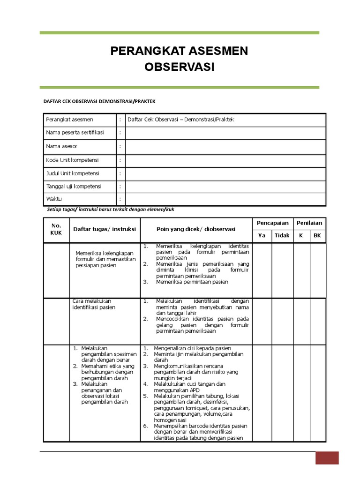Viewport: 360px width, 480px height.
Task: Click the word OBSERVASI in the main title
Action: pyautogui.click(x=180, y=67)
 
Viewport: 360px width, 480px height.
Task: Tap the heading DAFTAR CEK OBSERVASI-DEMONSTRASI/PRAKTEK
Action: pyautogui.click(x=99, y=101)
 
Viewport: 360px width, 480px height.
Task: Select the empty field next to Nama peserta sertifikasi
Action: pyautogui.click(x=225, y=133)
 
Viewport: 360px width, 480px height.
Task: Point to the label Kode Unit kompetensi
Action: pyautogui.click(x=72, y=160)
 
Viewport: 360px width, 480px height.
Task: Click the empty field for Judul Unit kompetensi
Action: pyautogui.click(x=225, y=173)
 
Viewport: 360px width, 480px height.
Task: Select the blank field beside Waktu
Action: pyautogui.click(x=225, y=199)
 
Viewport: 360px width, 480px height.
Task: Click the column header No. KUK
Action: pyautogui.click(x=56, y=229)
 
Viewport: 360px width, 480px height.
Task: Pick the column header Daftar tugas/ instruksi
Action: pyautogui.click(x=105, y=229)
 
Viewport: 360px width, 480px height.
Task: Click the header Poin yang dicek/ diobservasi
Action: pyautogui.click(x=196, y=229)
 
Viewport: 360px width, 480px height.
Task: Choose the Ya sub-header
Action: pyautogui.click(x=262, y=235)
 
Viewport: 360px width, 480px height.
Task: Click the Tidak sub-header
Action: pyautogui.click(x=282, y=235)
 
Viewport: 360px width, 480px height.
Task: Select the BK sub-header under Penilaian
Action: pyautogui.click(x=317, y=235)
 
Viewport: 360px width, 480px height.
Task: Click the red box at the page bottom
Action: pyautogui.click(x=327, y=457)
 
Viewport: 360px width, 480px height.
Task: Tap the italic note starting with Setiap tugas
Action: pyautogui.click(x=110, y=210)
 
